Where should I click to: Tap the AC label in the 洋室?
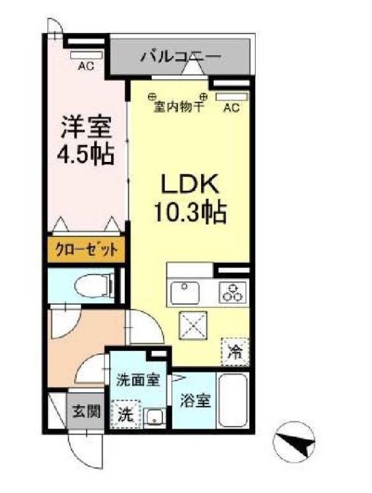pyautogui.click(x=85, y=66)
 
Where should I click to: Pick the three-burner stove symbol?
pyautogui.click(x=231, y=291)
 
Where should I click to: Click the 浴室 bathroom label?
pyautogui.click(x=195, y=400)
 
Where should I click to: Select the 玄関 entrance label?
pyautogui.click(x=86, y=412)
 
